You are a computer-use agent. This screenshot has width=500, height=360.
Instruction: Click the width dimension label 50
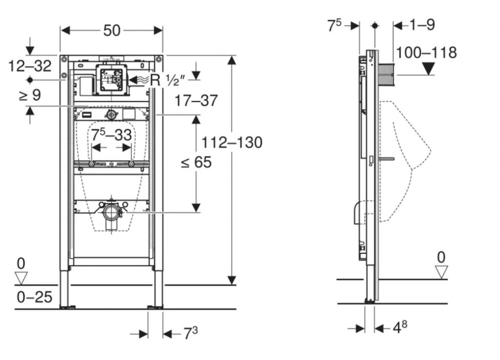[111, 30]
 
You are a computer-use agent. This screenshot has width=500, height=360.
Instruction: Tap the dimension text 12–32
[29, 65]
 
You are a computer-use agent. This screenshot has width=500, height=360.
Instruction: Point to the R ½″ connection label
[163, 80]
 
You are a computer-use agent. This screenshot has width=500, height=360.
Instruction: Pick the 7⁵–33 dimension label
[111, 135]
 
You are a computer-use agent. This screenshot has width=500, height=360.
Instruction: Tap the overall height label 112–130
[232, 142]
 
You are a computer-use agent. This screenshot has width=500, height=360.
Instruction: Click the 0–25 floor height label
[34, 296]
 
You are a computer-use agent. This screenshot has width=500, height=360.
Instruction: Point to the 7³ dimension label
[191, 334]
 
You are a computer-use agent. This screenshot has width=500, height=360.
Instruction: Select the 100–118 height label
[426, 52]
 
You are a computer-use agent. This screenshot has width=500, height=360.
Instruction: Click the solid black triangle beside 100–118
[428, 69]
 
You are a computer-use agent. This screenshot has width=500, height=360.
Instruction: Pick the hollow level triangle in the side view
[441, 272]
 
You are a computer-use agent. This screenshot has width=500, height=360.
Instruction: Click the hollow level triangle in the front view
[21, 278]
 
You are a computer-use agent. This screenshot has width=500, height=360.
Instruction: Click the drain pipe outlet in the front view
[112, 212]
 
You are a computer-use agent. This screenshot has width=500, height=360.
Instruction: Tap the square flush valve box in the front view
[111, 79]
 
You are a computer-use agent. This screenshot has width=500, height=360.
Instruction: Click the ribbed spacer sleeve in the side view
[386, 75]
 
